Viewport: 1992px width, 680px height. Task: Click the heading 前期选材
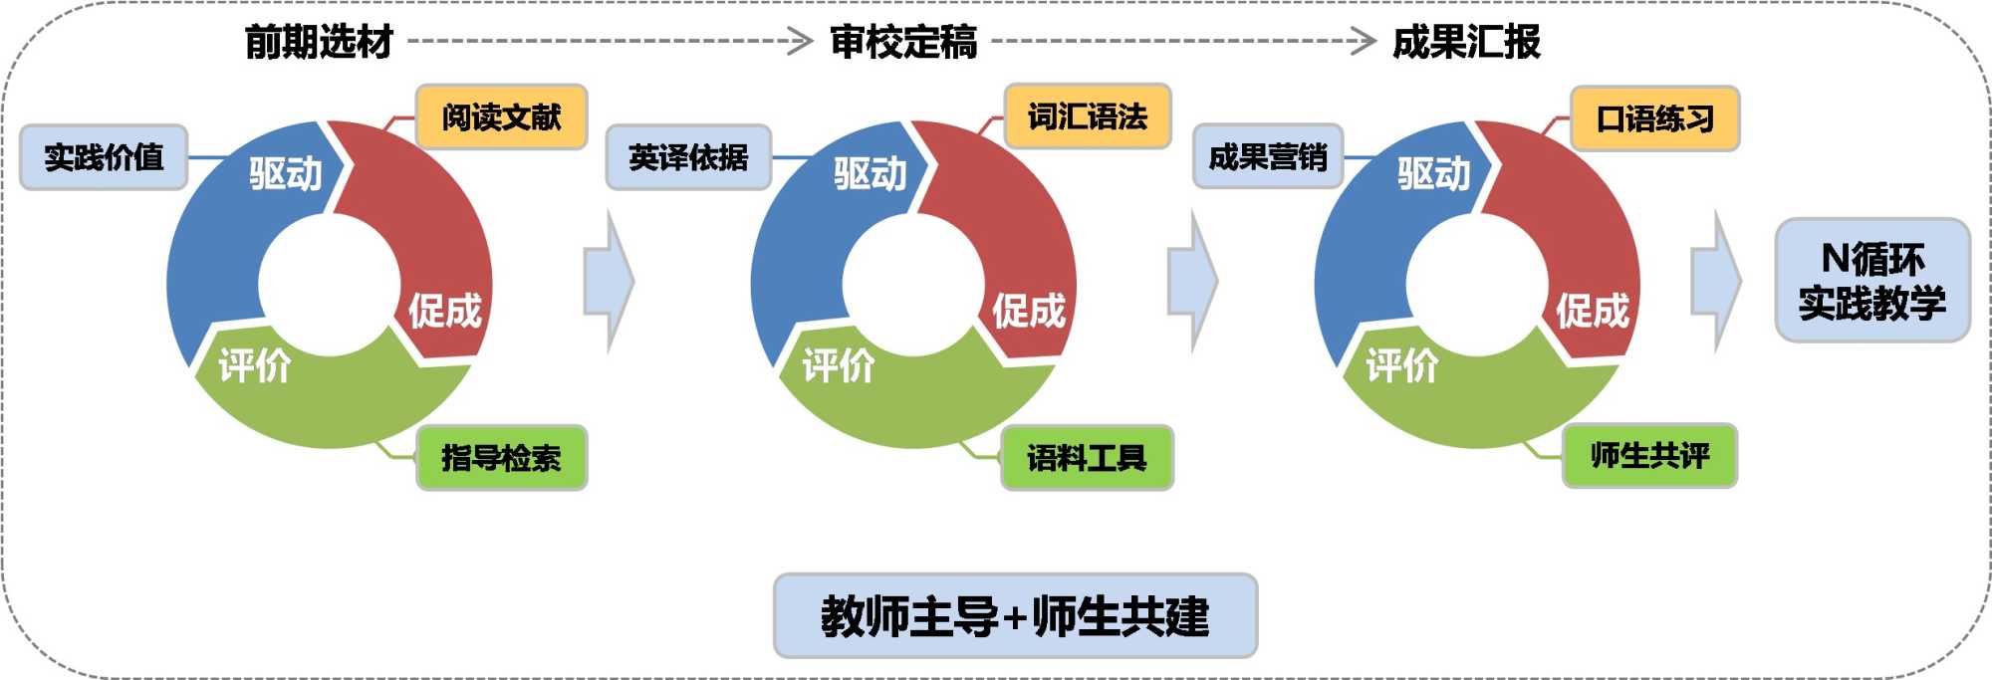tap(319, 42)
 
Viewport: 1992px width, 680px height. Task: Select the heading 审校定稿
tap(903, 42)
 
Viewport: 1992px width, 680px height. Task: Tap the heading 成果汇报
tap(1466, 42)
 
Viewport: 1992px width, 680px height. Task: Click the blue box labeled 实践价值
tap(104, 157)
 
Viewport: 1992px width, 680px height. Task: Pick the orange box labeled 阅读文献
tap(501, 117)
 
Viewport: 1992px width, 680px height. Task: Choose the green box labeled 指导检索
tap(501, 458)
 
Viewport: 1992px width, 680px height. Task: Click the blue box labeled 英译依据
tap(688, 157)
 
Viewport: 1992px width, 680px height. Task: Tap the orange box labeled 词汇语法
tap(1088, 116)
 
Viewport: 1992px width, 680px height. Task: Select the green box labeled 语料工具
tap(1087, 458)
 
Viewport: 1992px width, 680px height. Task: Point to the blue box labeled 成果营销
tap(1268, 157)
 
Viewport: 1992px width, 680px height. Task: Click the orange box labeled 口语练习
tap(1654, 119)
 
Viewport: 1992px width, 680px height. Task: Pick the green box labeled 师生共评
tap(1649, 456)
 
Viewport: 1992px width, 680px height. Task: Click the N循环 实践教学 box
tap(1872, 281)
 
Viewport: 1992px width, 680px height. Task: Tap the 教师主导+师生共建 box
tap(1015, 616)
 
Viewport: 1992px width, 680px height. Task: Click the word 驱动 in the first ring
tap(286, 174)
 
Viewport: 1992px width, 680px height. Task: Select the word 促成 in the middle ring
tap(1029, 311)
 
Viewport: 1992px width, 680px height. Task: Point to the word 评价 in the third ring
tap(1401, 365)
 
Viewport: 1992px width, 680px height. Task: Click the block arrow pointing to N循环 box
tap(1716, 282)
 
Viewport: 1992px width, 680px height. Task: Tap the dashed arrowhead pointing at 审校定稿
tap(801, 42)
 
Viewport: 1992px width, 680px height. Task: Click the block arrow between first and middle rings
tap(609, 282)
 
